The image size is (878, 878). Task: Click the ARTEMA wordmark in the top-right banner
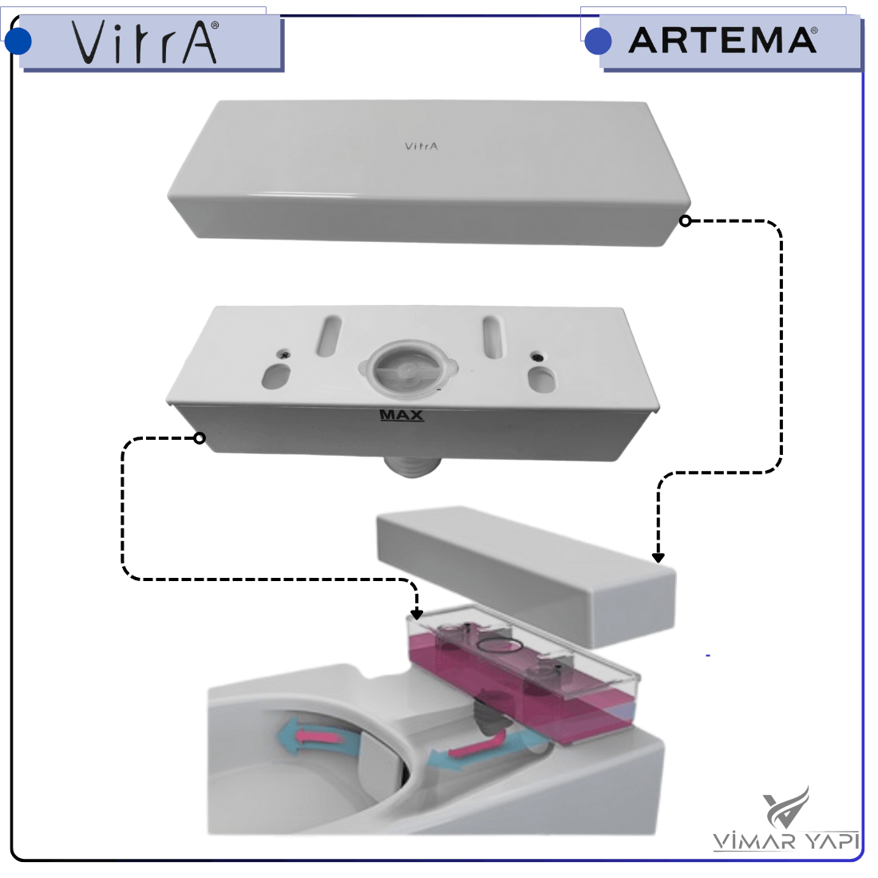click(x=723, y=41)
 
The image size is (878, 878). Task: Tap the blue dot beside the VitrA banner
click(x=18, y=41)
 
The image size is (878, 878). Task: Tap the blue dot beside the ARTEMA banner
click(x=598, y=41)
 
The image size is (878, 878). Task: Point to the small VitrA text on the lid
click(x=421, y=146)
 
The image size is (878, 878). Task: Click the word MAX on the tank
click(x=401, y=416)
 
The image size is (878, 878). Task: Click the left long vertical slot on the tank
click(x=329, y=335)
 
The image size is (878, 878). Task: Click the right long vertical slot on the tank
click(x=494, y=337)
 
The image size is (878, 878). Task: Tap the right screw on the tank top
click(x=536, y=356)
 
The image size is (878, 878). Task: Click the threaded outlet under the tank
click(x=412, y=467)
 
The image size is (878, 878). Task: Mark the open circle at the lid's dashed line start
click(x=686, y=220)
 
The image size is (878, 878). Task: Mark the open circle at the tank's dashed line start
click(x=200, y=438)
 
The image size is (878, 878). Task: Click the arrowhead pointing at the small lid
click(x=658, y=558)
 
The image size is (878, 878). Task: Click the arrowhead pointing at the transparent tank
click(x=416, y=615)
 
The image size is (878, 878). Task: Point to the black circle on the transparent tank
click(x=500, y=646)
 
